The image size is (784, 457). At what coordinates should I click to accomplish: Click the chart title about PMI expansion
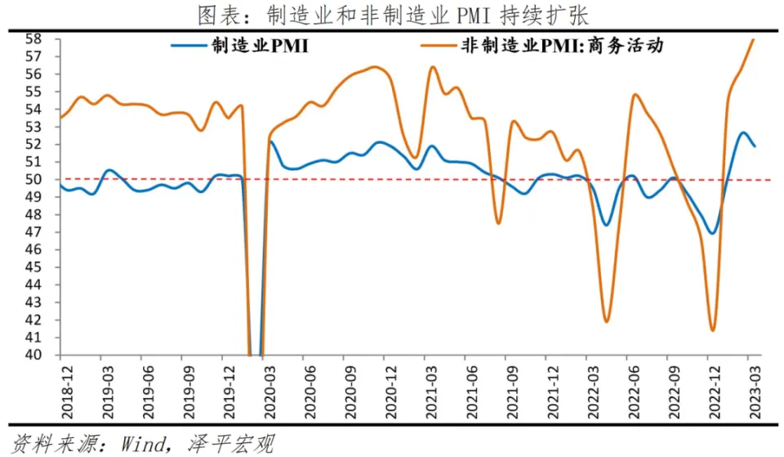(x=392, y=15)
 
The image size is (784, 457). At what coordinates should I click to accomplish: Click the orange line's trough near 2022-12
(x=712, y=330)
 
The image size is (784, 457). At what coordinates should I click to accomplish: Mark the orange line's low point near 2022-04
(x=607, y=321)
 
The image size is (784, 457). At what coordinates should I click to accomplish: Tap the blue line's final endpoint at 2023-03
(x=754, y=146)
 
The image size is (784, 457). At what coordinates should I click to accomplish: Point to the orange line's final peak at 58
(x=753, y=39)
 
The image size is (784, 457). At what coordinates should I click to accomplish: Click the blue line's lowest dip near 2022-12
(x=712, y=234)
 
